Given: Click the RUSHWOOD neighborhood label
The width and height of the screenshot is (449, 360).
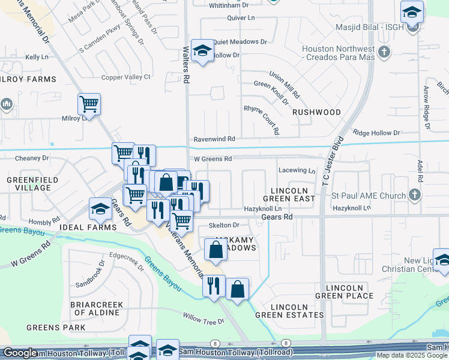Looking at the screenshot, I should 316,112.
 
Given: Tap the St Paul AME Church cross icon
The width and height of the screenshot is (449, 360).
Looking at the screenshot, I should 414,195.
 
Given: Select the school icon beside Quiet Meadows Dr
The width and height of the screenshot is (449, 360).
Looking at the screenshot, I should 202,52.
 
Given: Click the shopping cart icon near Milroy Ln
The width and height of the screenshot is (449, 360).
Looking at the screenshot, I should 89,104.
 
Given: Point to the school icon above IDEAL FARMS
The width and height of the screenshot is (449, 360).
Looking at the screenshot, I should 100,209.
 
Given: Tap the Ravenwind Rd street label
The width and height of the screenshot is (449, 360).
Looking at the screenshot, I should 214,139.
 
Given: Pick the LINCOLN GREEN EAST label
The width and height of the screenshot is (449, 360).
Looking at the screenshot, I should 289,194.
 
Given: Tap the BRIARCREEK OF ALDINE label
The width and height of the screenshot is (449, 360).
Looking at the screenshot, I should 97,309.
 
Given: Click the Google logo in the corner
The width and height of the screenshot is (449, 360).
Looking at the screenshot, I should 20,353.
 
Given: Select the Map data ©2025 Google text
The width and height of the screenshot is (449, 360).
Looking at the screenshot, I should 411,355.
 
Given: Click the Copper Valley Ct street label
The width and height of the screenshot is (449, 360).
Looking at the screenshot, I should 125,77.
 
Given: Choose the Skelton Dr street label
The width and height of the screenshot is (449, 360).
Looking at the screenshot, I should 224,225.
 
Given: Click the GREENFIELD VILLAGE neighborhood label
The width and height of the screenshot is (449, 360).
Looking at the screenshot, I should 29,184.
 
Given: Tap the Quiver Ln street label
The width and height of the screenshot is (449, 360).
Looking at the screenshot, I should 241,18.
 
